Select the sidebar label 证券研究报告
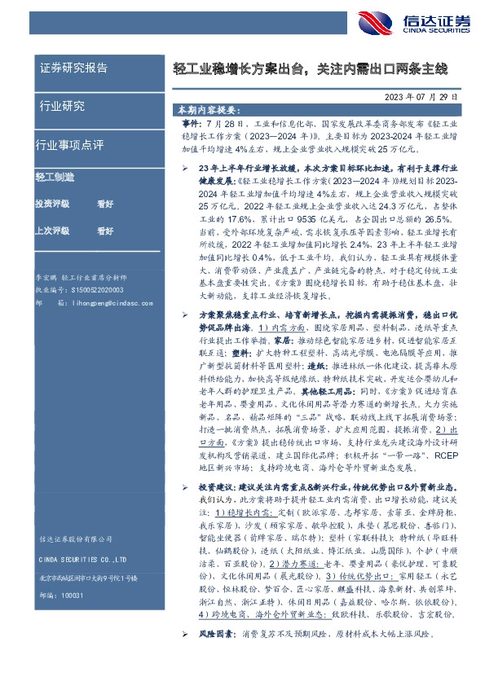[x=73, y=68]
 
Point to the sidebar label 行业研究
[x=62, y=106]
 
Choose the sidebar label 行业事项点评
[x=70, y=145]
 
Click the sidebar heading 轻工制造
[x=55, y=177]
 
